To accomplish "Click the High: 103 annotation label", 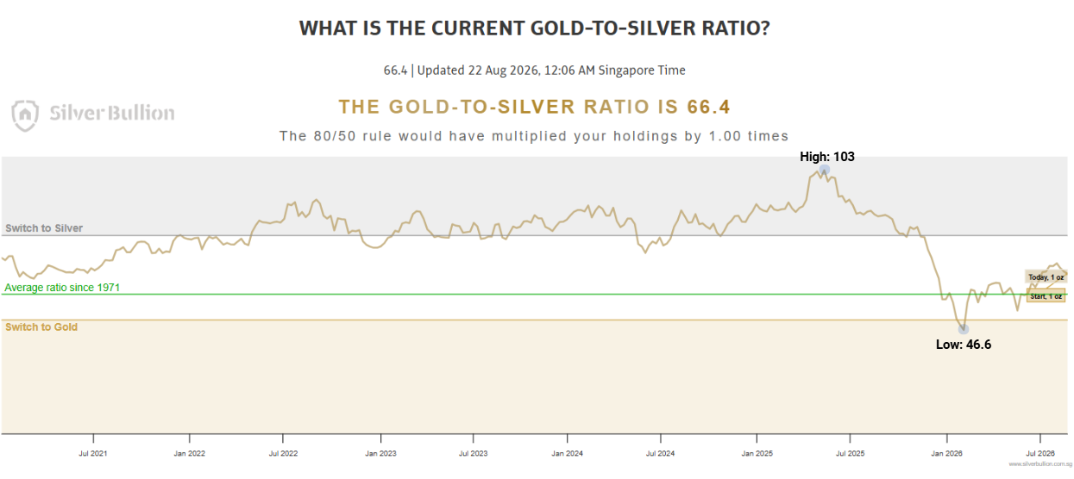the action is tap(827, 157).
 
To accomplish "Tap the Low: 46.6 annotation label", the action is tap(964, 345).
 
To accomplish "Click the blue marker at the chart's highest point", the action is tap(824, 170).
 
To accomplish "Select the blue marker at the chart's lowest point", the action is tap(964, 329).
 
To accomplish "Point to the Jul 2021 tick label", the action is tap(93, 453).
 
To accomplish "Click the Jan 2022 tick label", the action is tap(190, 453).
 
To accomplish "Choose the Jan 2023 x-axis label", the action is tap(380, 453).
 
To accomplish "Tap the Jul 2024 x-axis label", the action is tap(660, 453).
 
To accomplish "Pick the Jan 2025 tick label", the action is tap(757, 453).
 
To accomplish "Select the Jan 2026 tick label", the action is tap(947, 453).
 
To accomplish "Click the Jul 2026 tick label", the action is tap(1040, 453).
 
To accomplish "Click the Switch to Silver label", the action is tap(44, 228).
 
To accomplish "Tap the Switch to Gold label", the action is tap(41, 327).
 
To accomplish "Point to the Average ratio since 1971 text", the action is tap(62, 288).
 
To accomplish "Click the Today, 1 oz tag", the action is tap(1046, 277).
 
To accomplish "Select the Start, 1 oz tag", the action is tap(1046, 296).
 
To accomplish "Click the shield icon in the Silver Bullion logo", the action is tap(25, 115).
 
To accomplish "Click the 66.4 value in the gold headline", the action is tap(708, 107).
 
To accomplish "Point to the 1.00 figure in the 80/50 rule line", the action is tap(725, 136).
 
